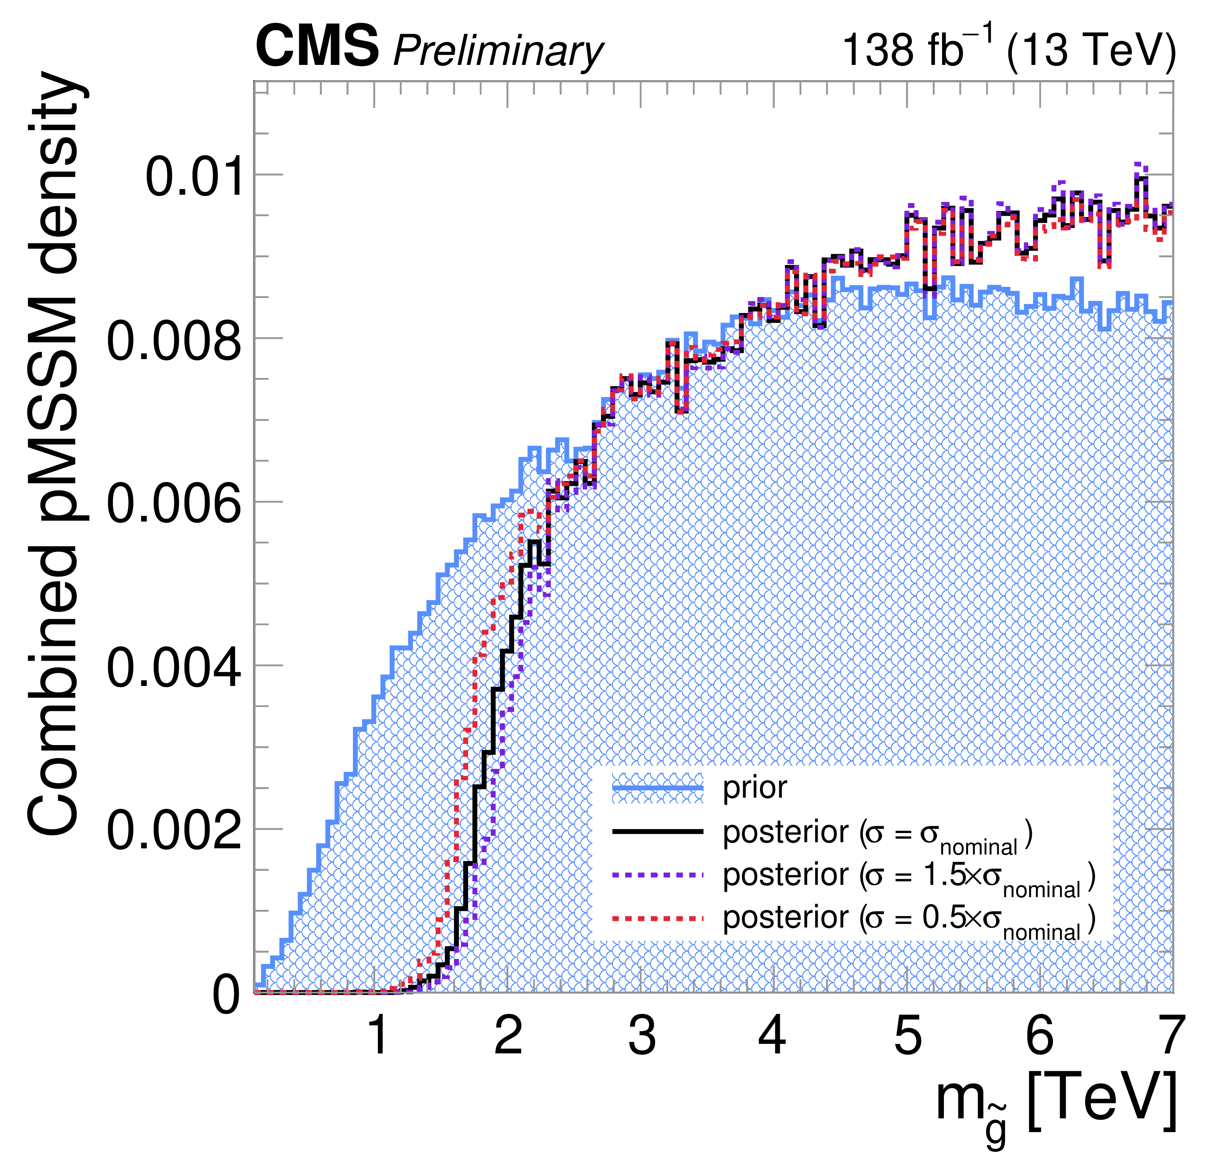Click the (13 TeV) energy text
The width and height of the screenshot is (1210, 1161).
pyautogui.click(x=1090, y=50)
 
